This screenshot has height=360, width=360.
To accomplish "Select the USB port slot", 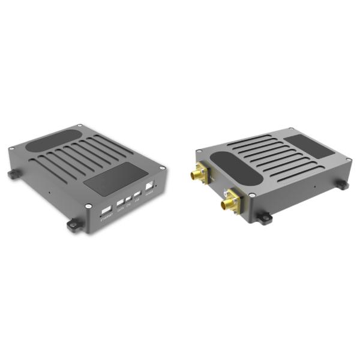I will point(137,194).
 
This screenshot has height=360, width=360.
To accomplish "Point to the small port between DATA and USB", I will point(128,199).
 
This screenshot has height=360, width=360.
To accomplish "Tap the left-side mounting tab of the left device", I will point(13,174).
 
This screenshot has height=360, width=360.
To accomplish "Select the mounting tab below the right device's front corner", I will point(263,216).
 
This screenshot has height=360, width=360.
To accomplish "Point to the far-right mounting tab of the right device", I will point(341,184).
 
